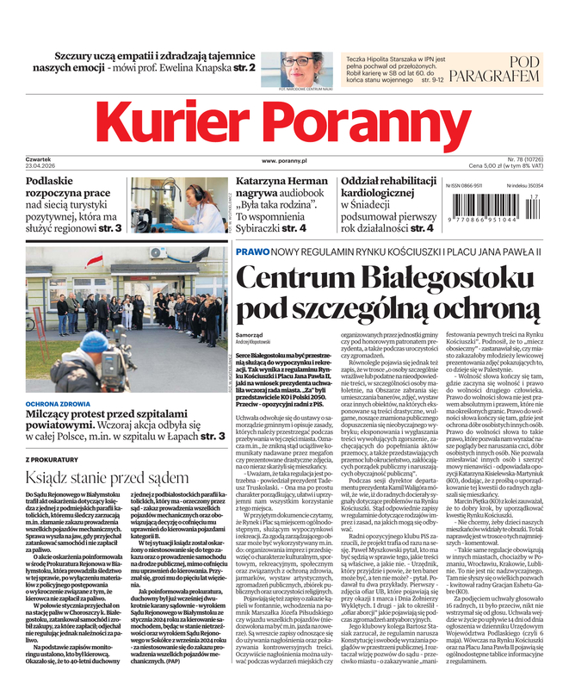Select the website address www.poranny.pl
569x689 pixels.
(x=285, y=161)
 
